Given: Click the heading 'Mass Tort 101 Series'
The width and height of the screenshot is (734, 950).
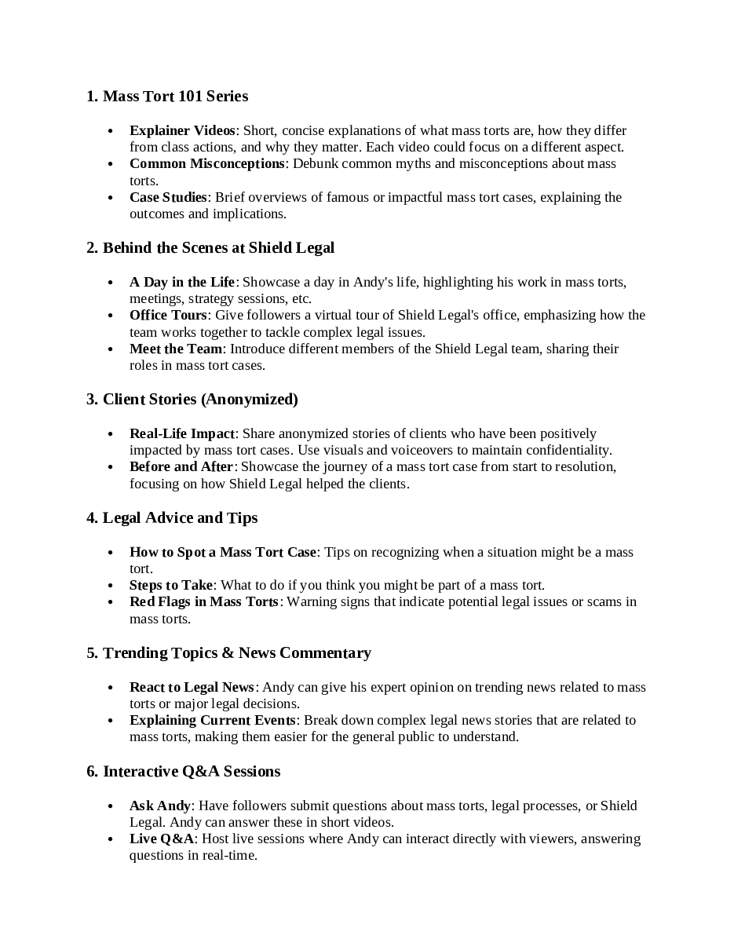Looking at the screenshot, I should (x=167, y=96).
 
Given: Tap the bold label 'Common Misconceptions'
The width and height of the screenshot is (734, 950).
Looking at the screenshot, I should (x=206, y=163).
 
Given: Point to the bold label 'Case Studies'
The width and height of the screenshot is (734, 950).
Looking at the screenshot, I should (x=168, y=197).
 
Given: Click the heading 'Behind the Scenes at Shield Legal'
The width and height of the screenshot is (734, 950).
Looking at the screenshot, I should (x=210, y=247).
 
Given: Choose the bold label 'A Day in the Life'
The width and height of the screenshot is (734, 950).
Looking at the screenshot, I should (x=182, y=282).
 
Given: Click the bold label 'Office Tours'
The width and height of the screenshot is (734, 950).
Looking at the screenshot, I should (x=168, y=315).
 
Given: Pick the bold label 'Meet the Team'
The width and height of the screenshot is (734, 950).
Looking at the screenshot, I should (x=176, y=349).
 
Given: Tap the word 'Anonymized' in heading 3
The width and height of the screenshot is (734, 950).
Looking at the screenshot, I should (x=250, y=399).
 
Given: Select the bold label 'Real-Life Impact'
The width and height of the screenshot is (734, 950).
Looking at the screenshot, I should (x=182, y=433).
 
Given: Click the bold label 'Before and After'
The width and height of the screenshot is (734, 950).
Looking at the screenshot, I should (x=181, y=466).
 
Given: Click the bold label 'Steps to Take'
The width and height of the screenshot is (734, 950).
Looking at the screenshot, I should (x=171, y=585).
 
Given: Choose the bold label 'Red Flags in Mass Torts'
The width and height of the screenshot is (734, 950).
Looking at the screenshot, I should (x=204, y=601).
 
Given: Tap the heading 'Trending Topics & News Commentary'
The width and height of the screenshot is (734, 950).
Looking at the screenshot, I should (x=228, y=652).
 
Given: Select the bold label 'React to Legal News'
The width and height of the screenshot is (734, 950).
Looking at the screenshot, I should (x=192, y=687).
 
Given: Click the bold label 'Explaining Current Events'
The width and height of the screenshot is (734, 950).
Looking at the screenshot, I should (x=213, y=720).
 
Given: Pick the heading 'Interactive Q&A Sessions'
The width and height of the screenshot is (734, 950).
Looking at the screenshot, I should (x=183, y=771).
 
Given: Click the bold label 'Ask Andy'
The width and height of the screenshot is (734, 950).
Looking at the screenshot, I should (x=160, y=806).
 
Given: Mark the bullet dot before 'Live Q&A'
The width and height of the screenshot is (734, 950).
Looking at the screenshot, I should (x=111, y=839).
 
